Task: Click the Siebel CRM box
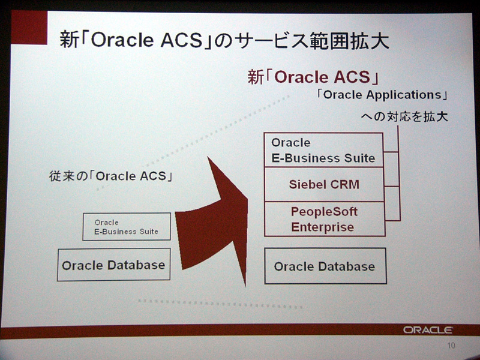(324, 184)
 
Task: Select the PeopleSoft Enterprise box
(325, 219)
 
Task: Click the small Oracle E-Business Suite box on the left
(127, 227)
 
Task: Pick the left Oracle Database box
(113, 265)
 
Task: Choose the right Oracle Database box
(325, 266)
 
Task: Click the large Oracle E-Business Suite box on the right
(323, 150)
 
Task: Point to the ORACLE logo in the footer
(428, 330)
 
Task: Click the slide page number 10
(451, 346)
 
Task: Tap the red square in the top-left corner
(29, 27)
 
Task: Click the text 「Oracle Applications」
(383, 95)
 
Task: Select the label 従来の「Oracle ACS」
(111, 176)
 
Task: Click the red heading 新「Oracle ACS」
(313, 77)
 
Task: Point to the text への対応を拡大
(404, 116)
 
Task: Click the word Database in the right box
(347, 266)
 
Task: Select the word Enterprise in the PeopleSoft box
(323, 227)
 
